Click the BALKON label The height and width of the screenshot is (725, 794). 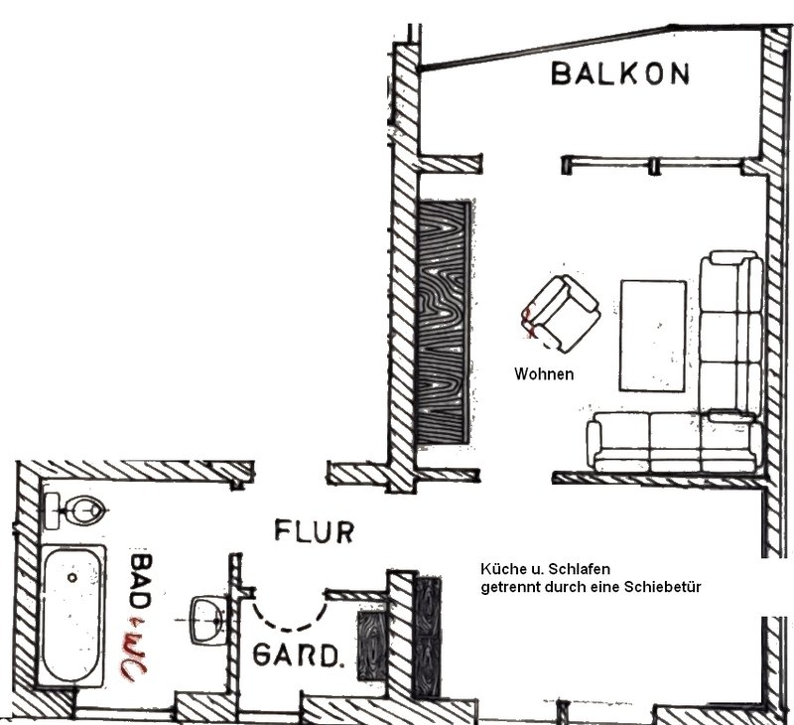pos(620,73)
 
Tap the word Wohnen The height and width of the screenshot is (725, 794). pos(544,374)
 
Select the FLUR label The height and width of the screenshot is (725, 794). pos(314,531)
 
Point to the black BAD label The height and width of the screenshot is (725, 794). pos(141,582)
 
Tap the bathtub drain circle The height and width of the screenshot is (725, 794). pos(72,577)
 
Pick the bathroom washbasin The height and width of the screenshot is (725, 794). pos(208,620)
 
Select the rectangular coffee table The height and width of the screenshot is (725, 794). pos(653,336)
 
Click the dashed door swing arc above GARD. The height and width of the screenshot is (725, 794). pos(289,612)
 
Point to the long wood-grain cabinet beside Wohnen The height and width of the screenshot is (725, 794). pos(444,322)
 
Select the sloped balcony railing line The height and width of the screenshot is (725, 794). pos(591,46)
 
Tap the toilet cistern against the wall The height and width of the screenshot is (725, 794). pos(53,510)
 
